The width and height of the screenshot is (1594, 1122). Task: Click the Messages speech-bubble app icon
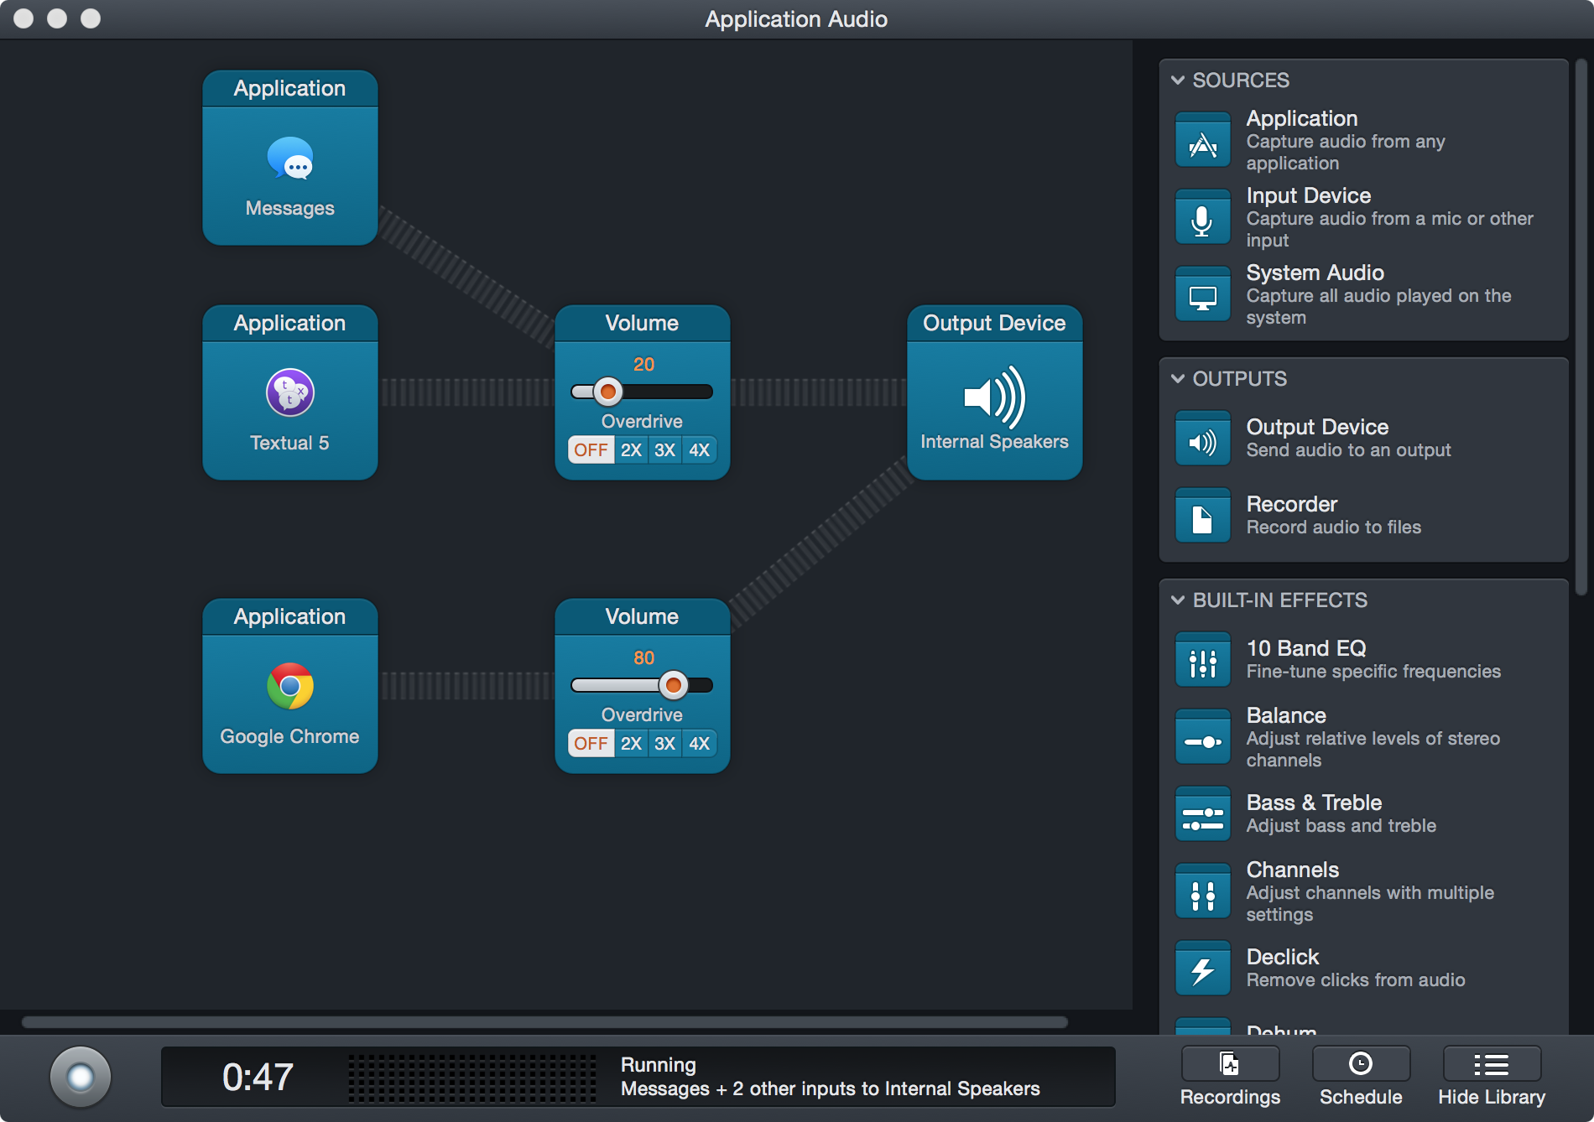click(x=290, y=158)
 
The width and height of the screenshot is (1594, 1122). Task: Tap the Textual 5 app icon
click(x=290, y=392)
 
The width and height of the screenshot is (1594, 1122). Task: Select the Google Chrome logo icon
click(x=290, y=686)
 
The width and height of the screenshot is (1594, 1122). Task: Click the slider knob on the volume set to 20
click(x=607, y=392)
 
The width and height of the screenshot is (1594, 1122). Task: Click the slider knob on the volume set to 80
click(x=673, y=685)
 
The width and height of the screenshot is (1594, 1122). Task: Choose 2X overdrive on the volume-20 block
click(x=631, y=450)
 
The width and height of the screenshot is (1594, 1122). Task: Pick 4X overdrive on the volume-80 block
click(x=699, y=744)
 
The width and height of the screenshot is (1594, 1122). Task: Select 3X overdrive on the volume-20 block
click(x=664, y=450)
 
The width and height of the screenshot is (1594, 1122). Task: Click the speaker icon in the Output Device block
click(x=994, y=397)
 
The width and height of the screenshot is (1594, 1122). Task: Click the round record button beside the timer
click(x=81, y=1077)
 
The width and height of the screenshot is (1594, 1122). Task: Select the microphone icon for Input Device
click(x=1202, y=217)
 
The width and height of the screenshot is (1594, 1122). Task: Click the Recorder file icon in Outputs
click(x=1202, y=516)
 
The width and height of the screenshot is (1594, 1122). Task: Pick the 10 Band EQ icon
click(x=1202, y=660)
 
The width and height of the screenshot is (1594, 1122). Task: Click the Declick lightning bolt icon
click(x=1202, y=969)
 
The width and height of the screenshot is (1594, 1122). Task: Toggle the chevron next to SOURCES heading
click(x=1178, y=81)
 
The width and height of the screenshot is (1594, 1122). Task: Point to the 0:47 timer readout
click(x=258, y=1077)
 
